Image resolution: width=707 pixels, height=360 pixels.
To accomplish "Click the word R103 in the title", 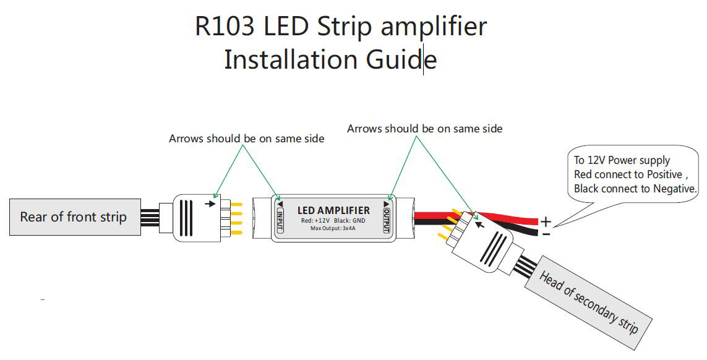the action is click(225, 26).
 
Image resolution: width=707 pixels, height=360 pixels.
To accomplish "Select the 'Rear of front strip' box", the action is click(75, 217).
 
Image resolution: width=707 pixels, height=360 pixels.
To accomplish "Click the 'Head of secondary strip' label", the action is click(588, 302).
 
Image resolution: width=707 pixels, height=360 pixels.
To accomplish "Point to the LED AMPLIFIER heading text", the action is click(333, 210).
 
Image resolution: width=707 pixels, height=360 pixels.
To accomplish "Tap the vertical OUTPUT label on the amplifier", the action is click(387, 217).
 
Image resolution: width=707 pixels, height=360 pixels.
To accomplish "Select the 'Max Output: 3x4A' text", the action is click(333, 228).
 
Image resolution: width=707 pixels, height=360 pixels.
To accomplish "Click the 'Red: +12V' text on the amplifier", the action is click(315, 221).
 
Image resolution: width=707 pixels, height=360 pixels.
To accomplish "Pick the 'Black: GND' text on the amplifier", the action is click(349, 221).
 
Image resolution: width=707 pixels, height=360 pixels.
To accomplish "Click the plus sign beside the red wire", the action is click(546, 221).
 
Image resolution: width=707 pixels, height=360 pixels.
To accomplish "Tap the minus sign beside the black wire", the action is click(546, 234).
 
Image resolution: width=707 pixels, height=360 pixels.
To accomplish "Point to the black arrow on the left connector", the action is click(210, 204).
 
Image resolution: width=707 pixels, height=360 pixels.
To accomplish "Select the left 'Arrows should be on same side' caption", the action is click(247, 139).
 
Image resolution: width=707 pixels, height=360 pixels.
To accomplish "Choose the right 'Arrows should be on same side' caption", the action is click(425, 129).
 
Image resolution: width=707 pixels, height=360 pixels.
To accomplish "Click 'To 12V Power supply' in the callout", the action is click(622, 160).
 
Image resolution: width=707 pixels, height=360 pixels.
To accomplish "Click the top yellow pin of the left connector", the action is click(236, 204).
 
